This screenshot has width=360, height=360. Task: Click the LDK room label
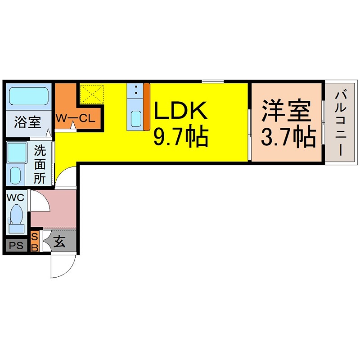tap(181, 111)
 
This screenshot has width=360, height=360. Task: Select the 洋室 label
tap(287, 111)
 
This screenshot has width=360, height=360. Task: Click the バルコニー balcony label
tap(341, 122)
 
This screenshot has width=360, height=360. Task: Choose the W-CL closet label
tap(74, 119)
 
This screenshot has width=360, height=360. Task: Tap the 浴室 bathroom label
tap(27, 122)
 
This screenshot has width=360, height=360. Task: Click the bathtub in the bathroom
tap(28, 96)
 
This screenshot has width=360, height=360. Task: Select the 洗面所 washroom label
tap(40, 163)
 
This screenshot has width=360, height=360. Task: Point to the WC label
tap(15, 197)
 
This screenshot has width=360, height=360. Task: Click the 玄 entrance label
tap(59, 242)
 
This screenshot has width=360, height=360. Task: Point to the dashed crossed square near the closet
tap(92, 93)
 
